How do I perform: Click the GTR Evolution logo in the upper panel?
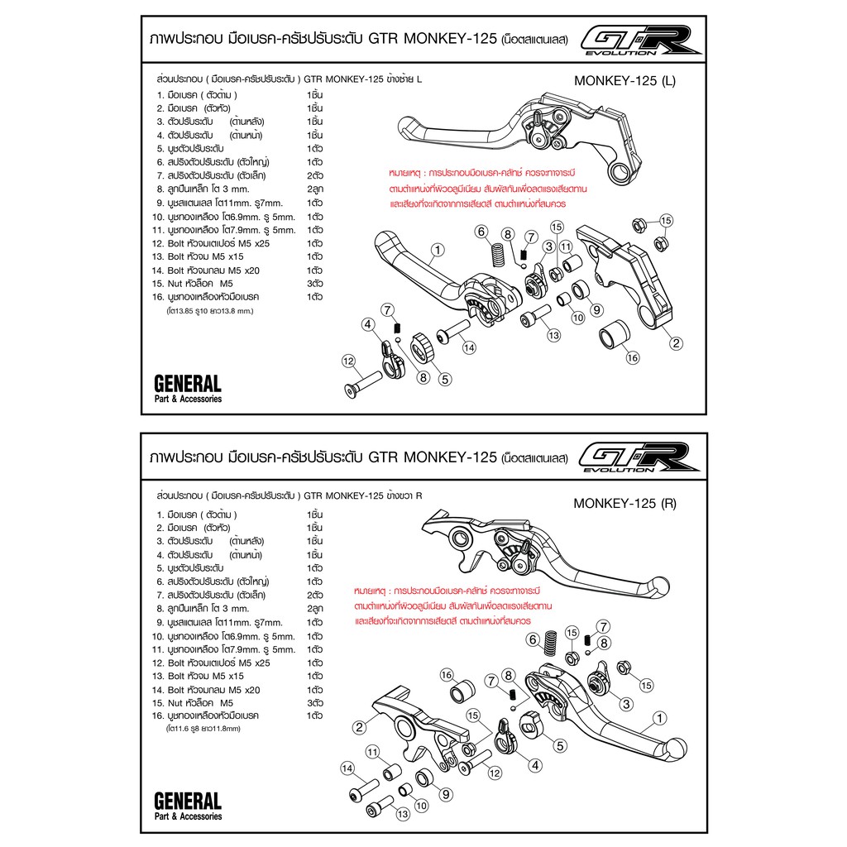tap(641, 41)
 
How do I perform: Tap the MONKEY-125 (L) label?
tap(624, 81)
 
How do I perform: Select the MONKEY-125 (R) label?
tap(624, 504)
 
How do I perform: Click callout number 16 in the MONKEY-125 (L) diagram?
tap(632, 357)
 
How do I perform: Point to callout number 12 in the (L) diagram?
tap(348, 361)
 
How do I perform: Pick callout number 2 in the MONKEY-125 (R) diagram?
tap(359, 727)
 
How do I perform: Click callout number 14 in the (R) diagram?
tap(347, 768)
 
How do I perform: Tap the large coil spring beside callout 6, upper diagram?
tap(497, 255)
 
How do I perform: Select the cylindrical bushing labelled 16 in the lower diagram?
tap(463, 692)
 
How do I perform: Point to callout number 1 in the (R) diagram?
tap(659, 719)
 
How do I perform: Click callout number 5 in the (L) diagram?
tap(444, 379)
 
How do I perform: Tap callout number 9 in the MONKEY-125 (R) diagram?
tap(446, 794)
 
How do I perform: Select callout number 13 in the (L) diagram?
tap(553, 336)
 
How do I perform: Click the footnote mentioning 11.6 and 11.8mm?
tap(203, 729)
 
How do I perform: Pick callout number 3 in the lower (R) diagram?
tap(626, 704)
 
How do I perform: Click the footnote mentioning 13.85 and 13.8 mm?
tap(209, 311)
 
